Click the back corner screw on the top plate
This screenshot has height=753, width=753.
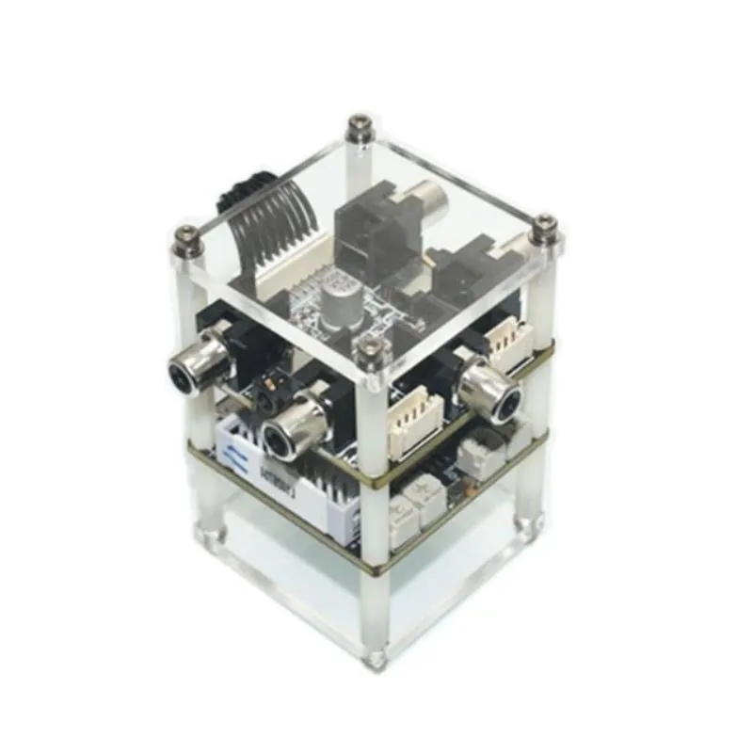[359, 125]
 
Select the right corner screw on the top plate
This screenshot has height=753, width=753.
[544, 227]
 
